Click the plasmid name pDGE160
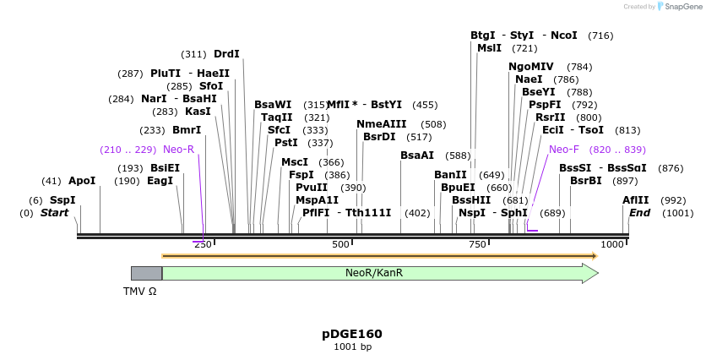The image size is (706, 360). click(352, 334)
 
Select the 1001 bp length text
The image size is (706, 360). click(352, 346)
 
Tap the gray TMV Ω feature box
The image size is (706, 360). click(146, 273)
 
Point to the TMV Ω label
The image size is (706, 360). click(139, 291)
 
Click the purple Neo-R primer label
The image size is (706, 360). click(178, 150)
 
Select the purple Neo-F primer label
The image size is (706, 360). click(564, 150)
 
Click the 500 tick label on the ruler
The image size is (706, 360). click(340, 244)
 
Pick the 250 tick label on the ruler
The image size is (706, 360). click(203, 244)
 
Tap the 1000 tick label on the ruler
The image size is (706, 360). click(612, 244)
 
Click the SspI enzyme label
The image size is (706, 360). click(62, 200)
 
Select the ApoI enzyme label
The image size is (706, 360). click(82, 181)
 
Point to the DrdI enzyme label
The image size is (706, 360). click(226, 54)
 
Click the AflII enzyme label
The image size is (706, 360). click(636, 200)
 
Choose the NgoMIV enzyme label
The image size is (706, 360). click(531, 67)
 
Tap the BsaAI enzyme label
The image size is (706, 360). click(417, 155)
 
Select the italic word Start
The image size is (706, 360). click(54, 213)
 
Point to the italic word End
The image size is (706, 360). click(640, 213)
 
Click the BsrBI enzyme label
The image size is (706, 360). click(586, 181)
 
